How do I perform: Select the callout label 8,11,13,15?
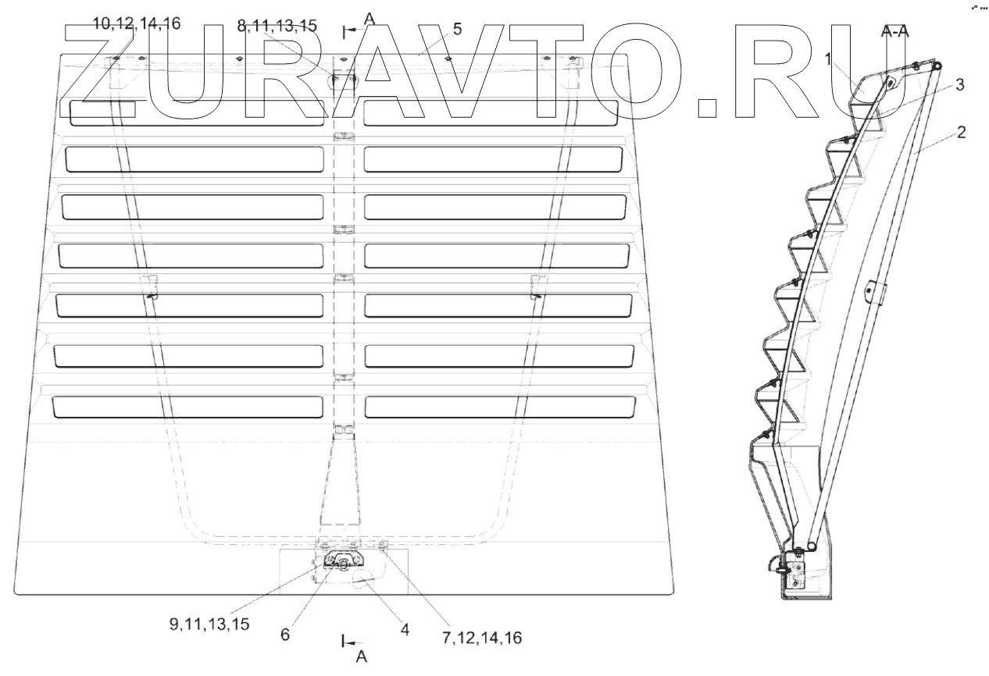click(277, 26)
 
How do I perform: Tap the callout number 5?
click(457, 29)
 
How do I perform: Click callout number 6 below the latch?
click(285, 635)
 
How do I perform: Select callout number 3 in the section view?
click(959, 84)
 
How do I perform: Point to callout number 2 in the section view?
click(962, 133)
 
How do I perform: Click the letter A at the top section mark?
click(370, 20)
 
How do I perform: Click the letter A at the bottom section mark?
click(362, 657)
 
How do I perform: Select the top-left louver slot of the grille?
click(195, 113)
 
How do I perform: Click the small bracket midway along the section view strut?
click(873, 292)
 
